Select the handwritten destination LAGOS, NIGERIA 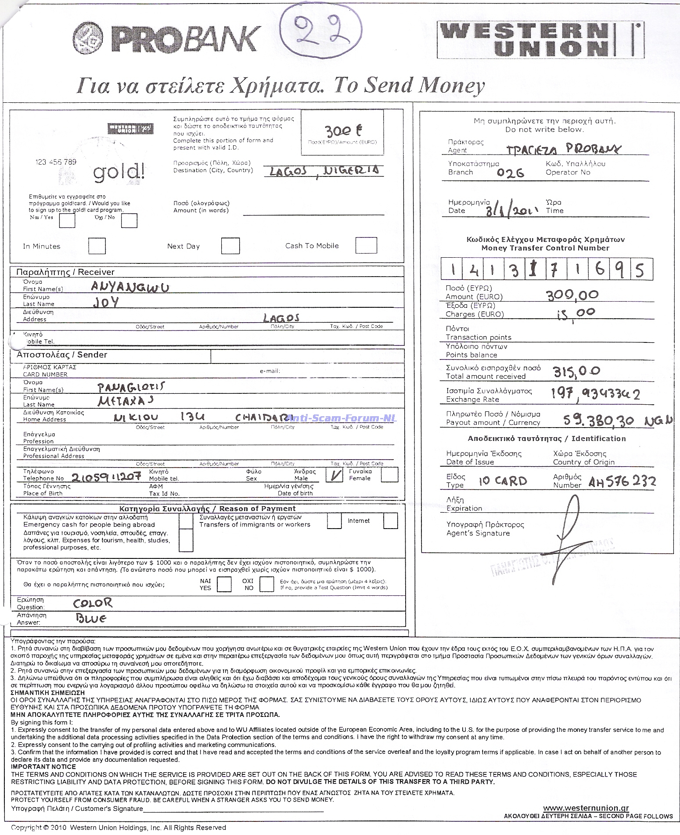(322, 171)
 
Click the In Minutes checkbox (97, 246)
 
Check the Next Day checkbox (230, 246)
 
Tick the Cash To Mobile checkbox (366, 245)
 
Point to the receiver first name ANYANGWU (130, 287)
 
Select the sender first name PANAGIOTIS (132, 387)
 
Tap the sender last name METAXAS (126, 400)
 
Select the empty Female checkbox (390, 475)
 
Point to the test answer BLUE (91, 619)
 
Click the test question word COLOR (93, 603)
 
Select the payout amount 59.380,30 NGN (617, 421)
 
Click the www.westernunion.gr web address (586, 808)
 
